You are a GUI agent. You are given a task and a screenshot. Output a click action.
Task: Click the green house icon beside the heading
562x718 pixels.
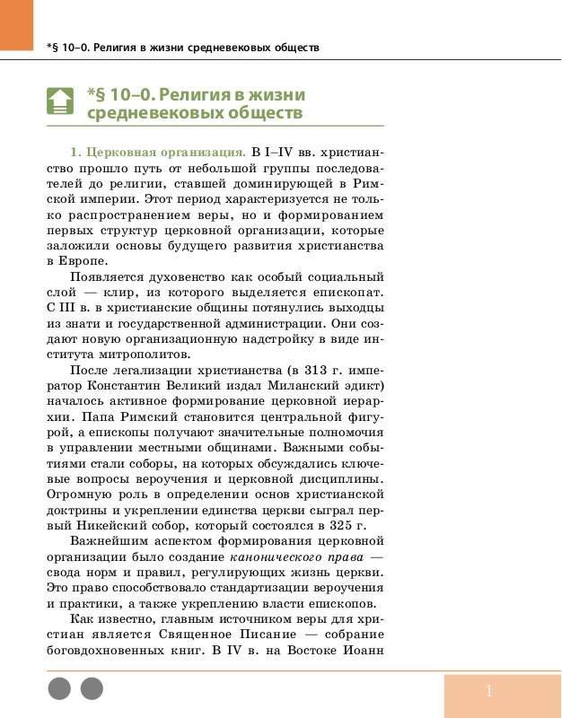[x=59, y=101]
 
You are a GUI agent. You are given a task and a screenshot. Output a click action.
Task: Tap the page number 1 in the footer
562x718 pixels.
[x=489, y=690]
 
